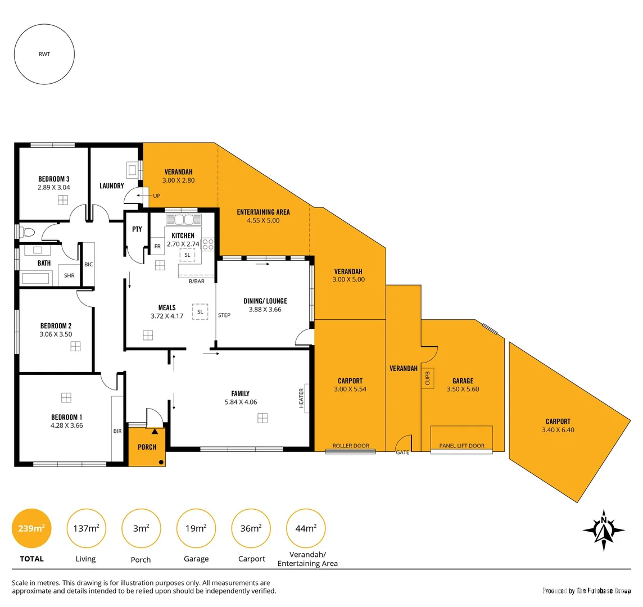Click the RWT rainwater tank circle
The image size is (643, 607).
[44, 55]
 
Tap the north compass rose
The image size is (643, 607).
[604, 529]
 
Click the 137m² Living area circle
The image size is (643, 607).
[86, 528]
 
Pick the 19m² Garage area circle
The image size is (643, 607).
[196, 528]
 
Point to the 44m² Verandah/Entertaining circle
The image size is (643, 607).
[306, 528]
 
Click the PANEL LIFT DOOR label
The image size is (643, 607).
[461, 446]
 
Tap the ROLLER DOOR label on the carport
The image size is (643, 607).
[351, 446]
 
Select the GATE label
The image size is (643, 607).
[402, 452]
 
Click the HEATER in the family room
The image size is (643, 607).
[302, 398]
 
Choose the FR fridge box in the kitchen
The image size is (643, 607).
[157, 246]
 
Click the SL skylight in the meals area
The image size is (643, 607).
[200, 311]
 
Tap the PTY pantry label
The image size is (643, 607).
[137, 229]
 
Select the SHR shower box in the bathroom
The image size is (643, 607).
[69, 275]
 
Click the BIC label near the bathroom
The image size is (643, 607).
[88, 264]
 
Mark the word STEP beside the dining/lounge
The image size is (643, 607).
[224, 315]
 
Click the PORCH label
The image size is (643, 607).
[147, 447]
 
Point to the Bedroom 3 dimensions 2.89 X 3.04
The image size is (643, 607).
[54, 188]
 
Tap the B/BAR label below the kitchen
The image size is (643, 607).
[197, 281]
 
